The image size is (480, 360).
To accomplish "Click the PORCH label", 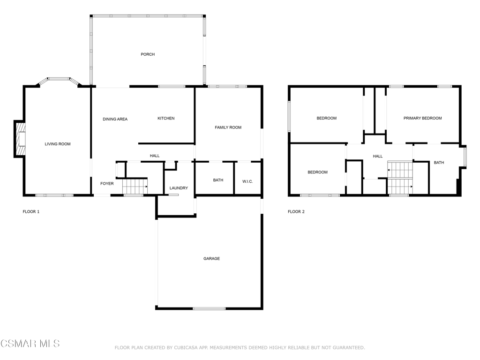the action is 148,54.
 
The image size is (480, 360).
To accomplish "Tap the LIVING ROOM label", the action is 58,144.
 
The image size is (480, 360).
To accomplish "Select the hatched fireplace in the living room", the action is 20,139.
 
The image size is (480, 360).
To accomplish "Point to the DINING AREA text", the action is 115,119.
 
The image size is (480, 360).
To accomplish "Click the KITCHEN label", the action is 166,118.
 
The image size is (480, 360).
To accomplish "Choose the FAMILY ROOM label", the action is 228,127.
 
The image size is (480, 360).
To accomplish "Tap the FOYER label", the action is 107,184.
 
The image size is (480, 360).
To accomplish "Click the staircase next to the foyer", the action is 135,187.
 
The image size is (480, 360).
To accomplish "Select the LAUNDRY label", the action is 179,188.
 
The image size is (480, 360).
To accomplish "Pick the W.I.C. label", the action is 247,181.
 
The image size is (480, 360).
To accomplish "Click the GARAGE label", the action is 211,259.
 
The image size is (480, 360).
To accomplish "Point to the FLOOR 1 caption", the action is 31,211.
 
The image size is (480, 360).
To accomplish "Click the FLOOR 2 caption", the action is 296,211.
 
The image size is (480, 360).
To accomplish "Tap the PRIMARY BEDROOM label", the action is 422,118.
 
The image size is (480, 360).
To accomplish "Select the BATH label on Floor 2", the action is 439,163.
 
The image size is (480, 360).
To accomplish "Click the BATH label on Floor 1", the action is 218,180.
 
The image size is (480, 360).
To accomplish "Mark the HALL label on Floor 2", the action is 378,156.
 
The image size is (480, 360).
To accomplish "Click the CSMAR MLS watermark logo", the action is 30,344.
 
